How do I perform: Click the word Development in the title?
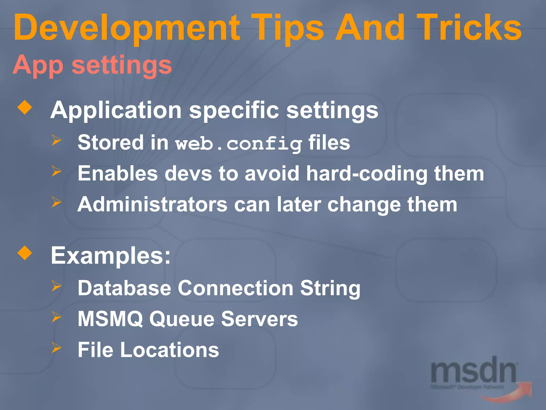[127, 28]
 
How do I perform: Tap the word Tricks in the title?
[469, 28]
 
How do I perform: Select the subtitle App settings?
[92, 65]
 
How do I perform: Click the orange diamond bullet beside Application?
[25, 107]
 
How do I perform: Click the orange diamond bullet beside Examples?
[25, 253]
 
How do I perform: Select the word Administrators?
[152, 204]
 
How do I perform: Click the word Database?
[124, 288]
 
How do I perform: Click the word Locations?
[170, 350]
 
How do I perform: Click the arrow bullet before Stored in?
[56, 140]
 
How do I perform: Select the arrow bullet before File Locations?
[56, 348]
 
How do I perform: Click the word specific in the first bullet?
[234, 111]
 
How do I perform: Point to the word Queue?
[182, 319]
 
